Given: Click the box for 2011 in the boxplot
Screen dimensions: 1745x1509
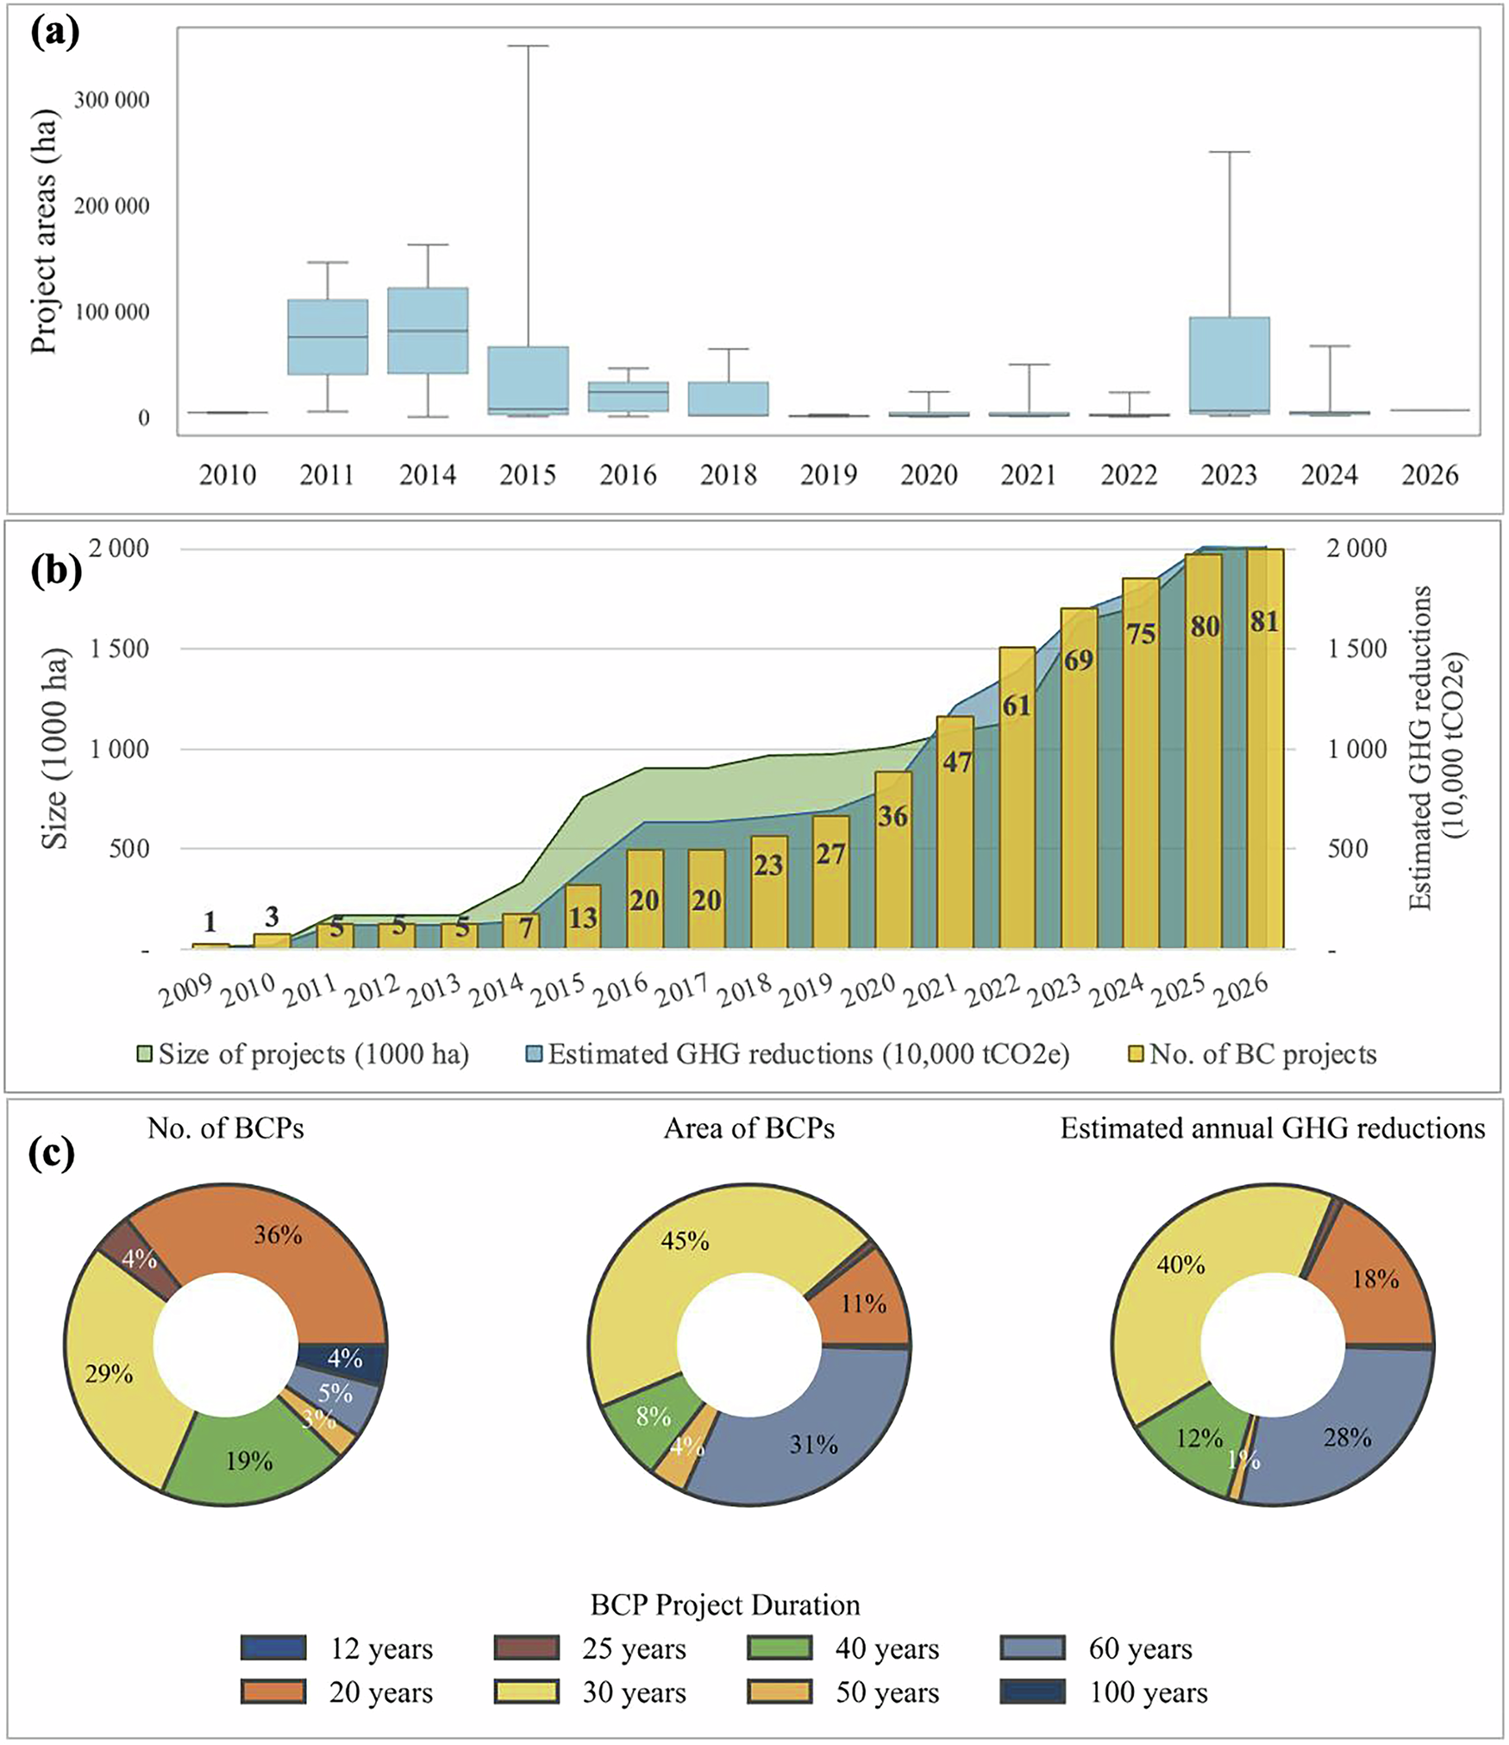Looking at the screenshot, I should [x=328, y=337].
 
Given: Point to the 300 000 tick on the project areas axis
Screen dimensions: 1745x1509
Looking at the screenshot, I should [x=111, y=100].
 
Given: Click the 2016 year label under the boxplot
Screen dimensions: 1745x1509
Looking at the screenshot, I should [x=628, y=475].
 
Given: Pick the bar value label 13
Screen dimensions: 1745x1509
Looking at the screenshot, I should [x=582, y=918].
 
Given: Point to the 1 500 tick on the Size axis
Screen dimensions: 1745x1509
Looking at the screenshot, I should [x=120, y=649].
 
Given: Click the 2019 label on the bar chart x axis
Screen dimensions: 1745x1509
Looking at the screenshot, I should [x=809, y=990].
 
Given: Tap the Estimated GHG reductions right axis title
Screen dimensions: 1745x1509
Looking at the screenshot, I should [x=1435, y=747].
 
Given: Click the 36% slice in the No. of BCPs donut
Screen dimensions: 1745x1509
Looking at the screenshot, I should [x=285, y=1251].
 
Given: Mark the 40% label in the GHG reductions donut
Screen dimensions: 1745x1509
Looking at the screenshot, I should [x=1180, y=1265].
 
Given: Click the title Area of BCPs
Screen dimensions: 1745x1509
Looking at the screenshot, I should [x=748, y=1129].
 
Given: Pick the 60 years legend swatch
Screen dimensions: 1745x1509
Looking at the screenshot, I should [x=1033, y=1649].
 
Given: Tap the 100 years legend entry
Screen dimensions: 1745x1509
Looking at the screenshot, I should [x=1147, y=1693].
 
